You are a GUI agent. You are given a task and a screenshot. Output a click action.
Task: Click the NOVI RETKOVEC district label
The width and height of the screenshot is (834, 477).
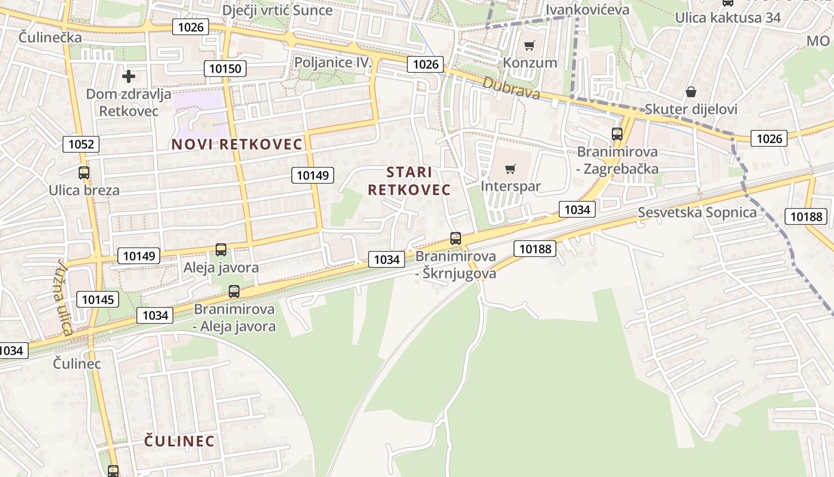pyautogui.click(x=237, y=144)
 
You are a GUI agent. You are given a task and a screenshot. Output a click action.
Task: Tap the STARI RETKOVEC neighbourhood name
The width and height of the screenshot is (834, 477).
pyautogui.click(x=409, y=181)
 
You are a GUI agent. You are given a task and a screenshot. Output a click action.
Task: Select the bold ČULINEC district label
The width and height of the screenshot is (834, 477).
pyautogui.click(x=179, y=441)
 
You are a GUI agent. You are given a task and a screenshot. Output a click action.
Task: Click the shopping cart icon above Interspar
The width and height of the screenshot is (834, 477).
pyautogui.click(x=510, y=169)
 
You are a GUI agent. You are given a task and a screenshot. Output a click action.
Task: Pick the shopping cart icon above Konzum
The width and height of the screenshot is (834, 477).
pyautogui.click(x=529, y=45)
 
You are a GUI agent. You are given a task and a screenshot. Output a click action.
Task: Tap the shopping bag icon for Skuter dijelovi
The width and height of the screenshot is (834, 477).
pyautogui.click(x=690, y=92)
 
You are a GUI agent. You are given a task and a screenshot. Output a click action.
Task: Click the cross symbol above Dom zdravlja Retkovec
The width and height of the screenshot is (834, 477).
pyautogui.click(x=128, y=76)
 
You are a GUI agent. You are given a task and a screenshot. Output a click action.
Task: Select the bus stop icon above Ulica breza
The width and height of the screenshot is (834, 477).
pyautogui.click(x=84, y=173)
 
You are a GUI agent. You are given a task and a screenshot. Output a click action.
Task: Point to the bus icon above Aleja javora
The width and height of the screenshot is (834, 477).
pyautogui.click(x=221, y=250)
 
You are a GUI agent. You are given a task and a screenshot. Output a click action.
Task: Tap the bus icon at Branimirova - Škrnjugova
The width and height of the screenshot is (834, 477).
pyautogui.click(x=456, y=238)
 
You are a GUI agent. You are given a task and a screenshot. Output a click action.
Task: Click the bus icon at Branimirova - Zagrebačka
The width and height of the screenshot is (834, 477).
pyautogui.click(x=617, y=134)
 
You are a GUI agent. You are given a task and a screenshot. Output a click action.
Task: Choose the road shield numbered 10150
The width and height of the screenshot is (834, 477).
pyautogui.click(x=226, y=69)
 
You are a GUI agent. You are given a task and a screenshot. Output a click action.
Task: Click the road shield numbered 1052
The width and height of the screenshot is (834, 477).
pyautogui.click(x=81, y=144)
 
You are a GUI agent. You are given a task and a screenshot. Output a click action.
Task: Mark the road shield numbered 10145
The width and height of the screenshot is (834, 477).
pyautogui.click(x=98, y=299)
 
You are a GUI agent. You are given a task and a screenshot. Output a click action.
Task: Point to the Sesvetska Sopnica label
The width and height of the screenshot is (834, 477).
pyautogui.click(x=697, y=212)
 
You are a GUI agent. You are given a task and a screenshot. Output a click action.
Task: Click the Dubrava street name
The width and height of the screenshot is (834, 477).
pyautogui.click(x=511, y=89)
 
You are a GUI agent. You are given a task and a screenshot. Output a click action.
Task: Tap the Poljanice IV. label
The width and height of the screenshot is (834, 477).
pyautogui.click(x=333, y=63)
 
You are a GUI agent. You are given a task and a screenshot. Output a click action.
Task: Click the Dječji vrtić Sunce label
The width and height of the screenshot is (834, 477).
pyautogui.click(x=277, y=10)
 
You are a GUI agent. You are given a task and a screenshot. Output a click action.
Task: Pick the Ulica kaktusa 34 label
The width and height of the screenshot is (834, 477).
pyautogui.click(x=727, y=17)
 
